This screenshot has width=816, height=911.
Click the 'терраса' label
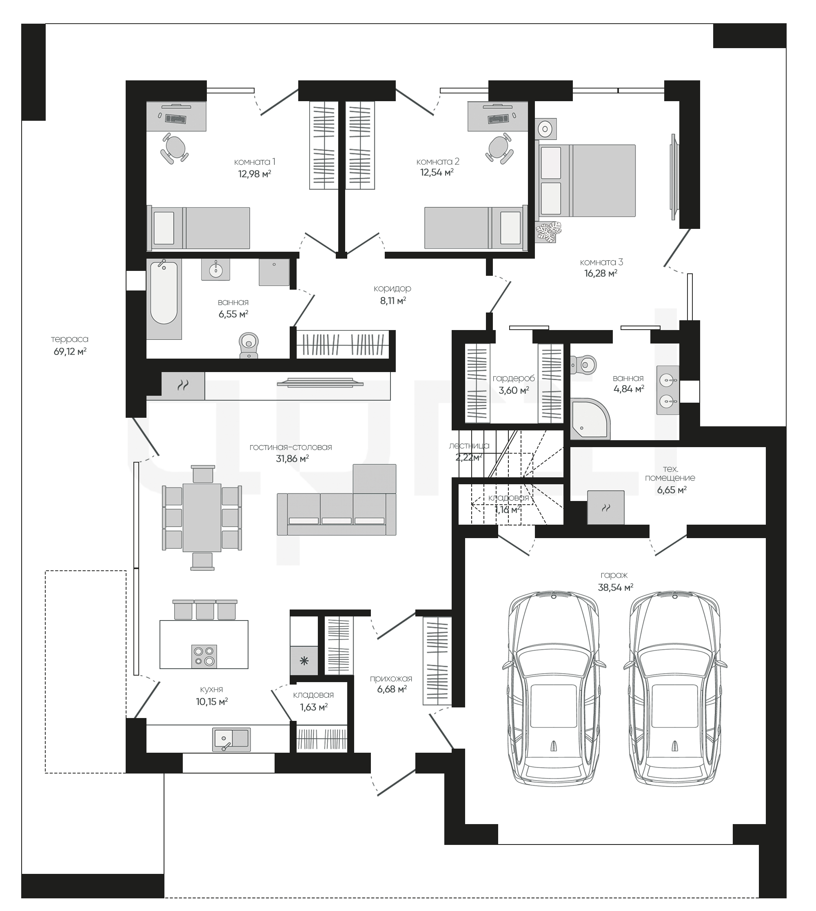pos(69,339)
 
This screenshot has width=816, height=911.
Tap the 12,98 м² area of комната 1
pos(255,174)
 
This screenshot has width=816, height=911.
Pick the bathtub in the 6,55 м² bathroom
pos(164,299)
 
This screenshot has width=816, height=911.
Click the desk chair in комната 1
pos(174,148)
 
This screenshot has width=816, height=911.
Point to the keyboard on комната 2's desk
pos(499,119)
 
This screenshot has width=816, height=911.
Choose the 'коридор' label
pos(392,288)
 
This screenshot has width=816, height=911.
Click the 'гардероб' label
pos(514,378)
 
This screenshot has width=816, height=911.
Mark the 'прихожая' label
pos(391,678)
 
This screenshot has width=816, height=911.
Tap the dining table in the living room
pos(202,517)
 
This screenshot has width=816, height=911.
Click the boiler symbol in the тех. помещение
pos(606,508)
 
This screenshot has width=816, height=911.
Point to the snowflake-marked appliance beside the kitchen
pos(304,661)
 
